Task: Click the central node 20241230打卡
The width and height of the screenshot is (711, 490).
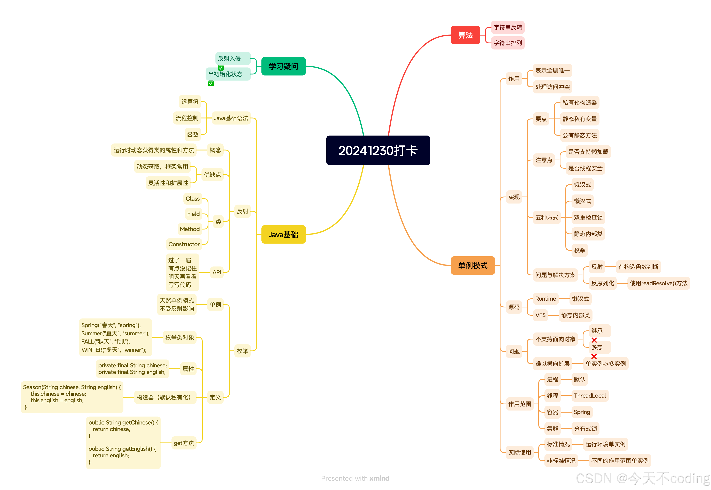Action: (x=378, y=151)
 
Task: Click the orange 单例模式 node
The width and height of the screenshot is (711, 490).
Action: (x=473, y=266)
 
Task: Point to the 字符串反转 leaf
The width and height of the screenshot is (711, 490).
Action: (x=507, y=27)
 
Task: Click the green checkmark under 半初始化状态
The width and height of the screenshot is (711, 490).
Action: (x=211, y=84)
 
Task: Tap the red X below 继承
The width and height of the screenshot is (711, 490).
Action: (x=594, y=340)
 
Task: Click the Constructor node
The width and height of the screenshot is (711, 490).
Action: (x=184, y=244)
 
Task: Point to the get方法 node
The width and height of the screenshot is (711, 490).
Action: (x=184, y=443)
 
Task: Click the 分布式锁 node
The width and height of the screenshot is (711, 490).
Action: (x=585, y=429)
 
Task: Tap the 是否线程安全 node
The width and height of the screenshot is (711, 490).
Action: (x=585, y=168)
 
